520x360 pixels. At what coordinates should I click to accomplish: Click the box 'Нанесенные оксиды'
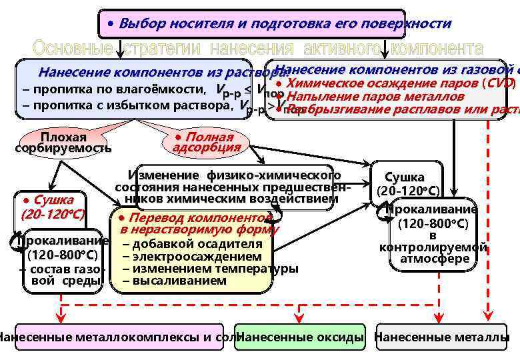301,337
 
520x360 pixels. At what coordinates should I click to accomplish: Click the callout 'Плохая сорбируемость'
63,143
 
